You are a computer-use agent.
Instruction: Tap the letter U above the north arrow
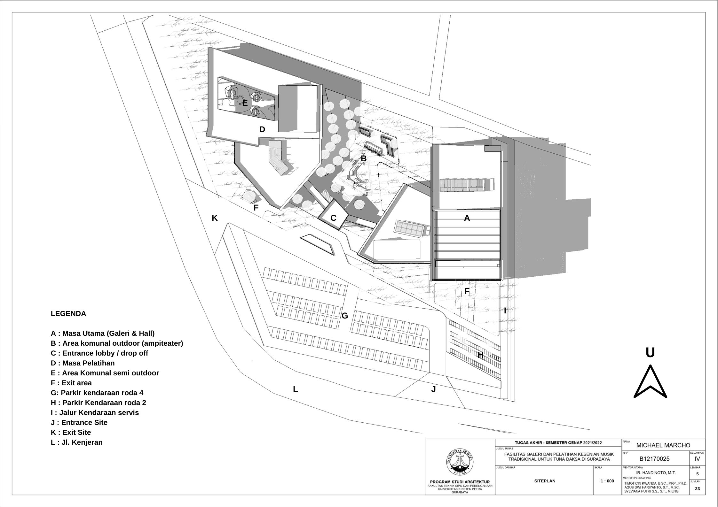click(650, 353)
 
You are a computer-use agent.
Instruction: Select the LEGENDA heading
click(68, 314)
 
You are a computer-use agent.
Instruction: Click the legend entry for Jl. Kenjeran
click(77, 442)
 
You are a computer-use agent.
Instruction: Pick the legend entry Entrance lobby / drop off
click(99, 353)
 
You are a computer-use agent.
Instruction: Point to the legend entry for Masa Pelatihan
click(83, 363)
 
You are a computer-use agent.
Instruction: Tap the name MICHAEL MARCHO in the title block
click(663, 445)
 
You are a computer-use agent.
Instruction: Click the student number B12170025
click(654, 459)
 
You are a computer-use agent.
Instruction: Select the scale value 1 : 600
click(607, 490)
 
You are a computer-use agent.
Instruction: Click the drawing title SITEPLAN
click(545, 490)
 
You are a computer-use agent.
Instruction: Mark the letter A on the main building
click(467, 218)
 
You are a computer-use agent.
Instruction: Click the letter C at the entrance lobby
click(333, 218)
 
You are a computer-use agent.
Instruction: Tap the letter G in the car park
click(345, 316)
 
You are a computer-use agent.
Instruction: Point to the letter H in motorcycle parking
click(480, 355)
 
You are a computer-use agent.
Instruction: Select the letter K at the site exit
click(215, 218)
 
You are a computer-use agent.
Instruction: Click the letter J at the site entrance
click(433, 389)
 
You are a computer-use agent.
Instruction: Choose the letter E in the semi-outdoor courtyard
click(245, 103)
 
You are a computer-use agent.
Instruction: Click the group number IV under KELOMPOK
click(697, 459)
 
